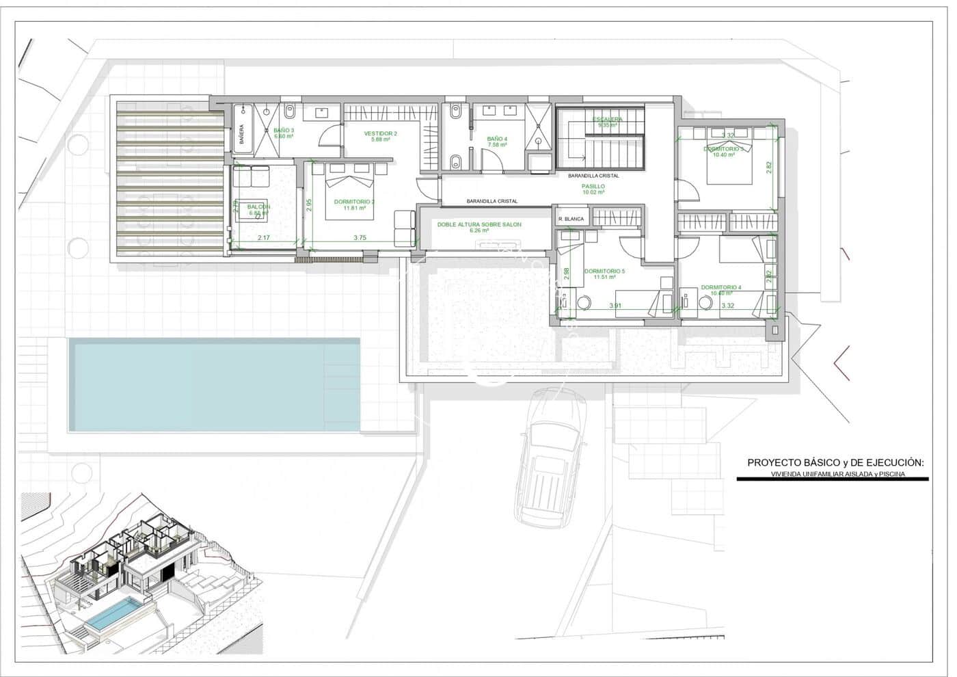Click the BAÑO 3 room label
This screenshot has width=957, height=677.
[284, 130]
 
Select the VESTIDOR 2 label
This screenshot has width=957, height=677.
[380, 133]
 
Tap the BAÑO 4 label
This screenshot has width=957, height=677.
[497, 139]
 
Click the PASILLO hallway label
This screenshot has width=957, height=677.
[593, 186]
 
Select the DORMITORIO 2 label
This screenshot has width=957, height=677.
[354, 202]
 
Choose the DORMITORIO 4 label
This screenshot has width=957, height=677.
[720, 287]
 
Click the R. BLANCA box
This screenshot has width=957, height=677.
[571, 219]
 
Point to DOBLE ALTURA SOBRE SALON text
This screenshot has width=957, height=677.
[479, 224]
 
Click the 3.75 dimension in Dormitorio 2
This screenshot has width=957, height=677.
[360, 238]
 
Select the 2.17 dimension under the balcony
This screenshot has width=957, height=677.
[264, 238]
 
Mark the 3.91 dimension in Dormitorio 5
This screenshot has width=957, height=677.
[615, 306]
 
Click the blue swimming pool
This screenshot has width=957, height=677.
[214, 385]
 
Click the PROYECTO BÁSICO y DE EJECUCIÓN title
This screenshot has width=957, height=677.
[835, 463]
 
